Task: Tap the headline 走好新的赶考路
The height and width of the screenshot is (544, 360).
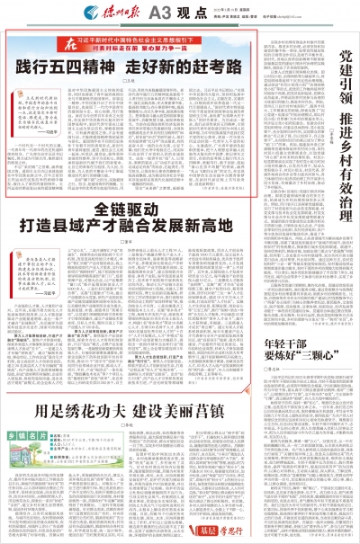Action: pos(176,65)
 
